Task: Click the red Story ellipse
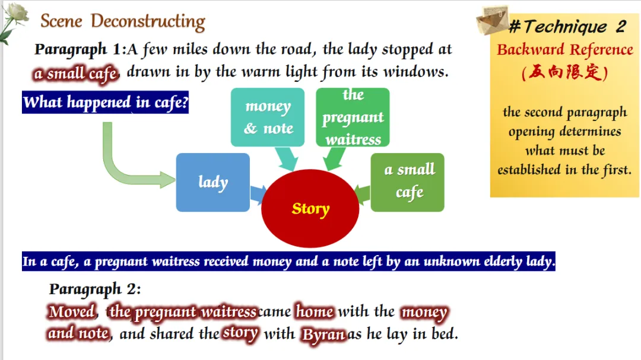pyautogui.click(x=310, y=208)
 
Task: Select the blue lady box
pyautogui.click(x=212, y=182)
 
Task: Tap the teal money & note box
pyautogui.click(x=268, y=117)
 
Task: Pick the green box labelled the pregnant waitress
pyautogui.click(x=353, y=117)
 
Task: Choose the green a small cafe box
pyautogui.click(x=408, y=182)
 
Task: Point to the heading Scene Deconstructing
pyautogui.click(x=123, y=22)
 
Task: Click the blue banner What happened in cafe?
pyautogui.click(x=106, y=102)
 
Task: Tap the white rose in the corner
pyautogui.click(x=14, y=20)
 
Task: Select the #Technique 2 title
pyautogui.click(x=567, y=27)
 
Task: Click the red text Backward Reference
pyautogui.click(x=564, y=50)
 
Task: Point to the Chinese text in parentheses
pyautogui.click(x=564, y=73)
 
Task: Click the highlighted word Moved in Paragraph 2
pyautogui.click(x=72, y=311)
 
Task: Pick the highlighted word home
pyautogui.click(x=315, y=311)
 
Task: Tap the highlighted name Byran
pyautogui.click(x=323, y=334)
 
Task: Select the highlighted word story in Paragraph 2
pyautogui.click(x=240, y=333)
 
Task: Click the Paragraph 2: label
pyautogui.click(x=95, y=289)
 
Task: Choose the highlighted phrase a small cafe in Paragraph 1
pyautogui.click(x=76, y=74)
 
